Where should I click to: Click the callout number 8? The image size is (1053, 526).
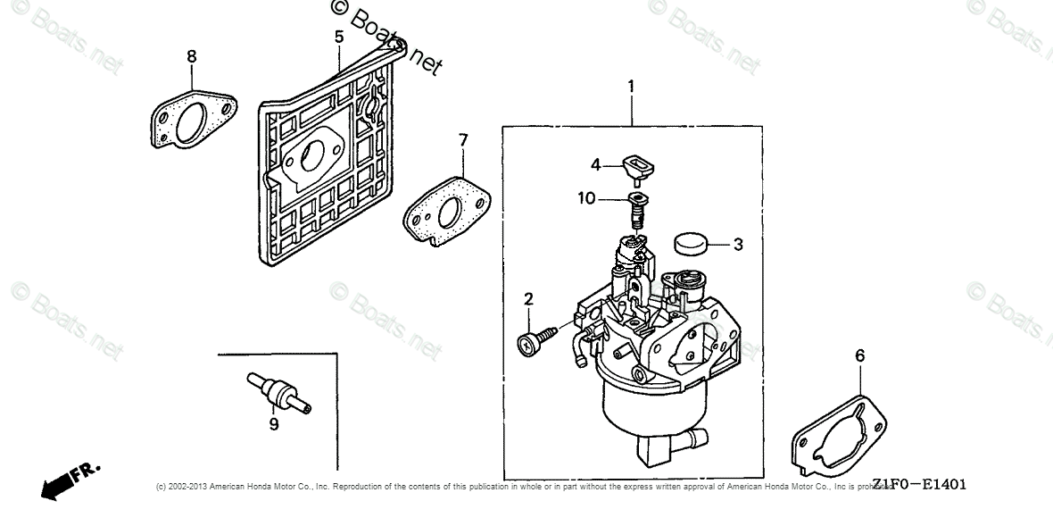(192, 56)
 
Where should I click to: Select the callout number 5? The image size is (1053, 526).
(339, 37)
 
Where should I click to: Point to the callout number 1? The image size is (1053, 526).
(631, 87)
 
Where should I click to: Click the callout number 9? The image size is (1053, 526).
(274, 424)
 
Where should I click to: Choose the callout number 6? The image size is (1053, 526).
(859, 356)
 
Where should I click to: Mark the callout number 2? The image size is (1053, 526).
(528, 298)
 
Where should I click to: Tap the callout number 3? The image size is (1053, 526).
(738, 243)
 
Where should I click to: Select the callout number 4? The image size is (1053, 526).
(595, 163)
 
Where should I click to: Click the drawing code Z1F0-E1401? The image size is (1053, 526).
(919, 485)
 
